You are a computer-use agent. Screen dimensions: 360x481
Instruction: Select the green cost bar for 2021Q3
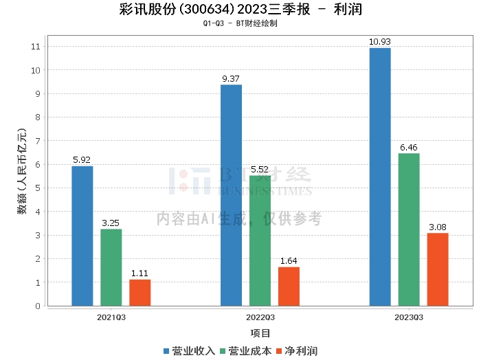111,267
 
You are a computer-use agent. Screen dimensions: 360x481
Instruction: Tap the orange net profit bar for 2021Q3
140,293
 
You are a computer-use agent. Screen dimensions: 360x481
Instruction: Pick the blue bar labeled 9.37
231,195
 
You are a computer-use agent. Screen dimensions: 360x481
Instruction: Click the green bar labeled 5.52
260,240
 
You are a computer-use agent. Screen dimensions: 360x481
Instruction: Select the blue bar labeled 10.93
380,177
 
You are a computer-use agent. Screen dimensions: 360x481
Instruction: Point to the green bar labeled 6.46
409,229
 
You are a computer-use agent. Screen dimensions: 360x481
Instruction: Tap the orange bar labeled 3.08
438,269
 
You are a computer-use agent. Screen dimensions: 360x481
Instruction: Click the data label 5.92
82,160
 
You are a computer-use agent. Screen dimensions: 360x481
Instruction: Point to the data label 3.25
111,223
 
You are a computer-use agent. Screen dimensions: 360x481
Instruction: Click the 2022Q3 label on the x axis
260,317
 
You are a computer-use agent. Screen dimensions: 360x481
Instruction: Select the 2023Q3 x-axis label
409,317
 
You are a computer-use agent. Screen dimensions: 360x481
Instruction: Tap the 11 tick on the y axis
35,47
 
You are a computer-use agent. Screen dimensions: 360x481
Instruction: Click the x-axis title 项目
260,333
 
